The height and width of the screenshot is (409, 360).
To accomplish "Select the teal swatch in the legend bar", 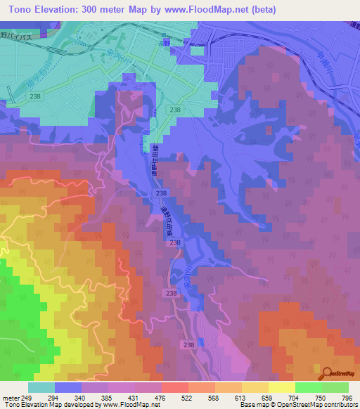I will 41,387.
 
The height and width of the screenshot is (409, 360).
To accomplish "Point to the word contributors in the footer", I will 337,405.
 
